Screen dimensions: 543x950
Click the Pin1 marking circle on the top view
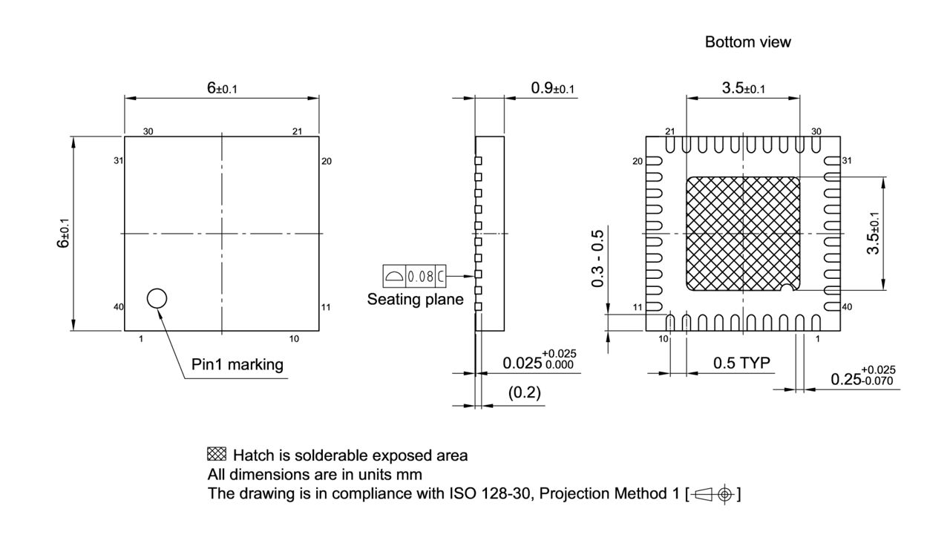click(x=157, y=298)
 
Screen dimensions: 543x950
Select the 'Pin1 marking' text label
click(x=237, y=365)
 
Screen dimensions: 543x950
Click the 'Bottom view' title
click(x=747, y=42)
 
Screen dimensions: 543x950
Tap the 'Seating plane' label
click(x=415, y=300)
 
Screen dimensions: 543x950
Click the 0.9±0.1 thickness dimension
click(x=553, y=88)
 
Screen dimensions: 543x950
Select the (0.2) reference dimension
click(x=524, y=393)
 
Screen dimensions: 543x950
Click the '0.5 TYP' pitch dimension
click(x=741, y=363)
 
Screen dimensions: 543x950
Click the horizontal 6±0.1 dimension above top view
click(x=222, y=88)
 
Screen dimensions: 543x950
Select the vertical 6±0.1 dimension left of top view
click(x=65, y=233)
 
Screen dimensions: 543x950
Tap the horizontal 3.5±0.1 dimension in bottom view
click(x=744, y=88)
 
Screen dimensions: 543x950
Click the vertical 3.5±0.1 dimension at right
click(x=875, y=233)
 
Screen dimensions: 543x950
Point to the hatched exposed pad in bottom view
click(x=743, y=234)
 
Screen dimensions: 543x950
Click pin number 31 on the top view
click(x=118, y=161)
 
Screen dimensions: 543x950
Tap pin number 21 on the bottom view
click(x=669, y=131)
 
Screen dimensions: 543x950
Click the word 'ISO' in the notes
click(x=445, y=493)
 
